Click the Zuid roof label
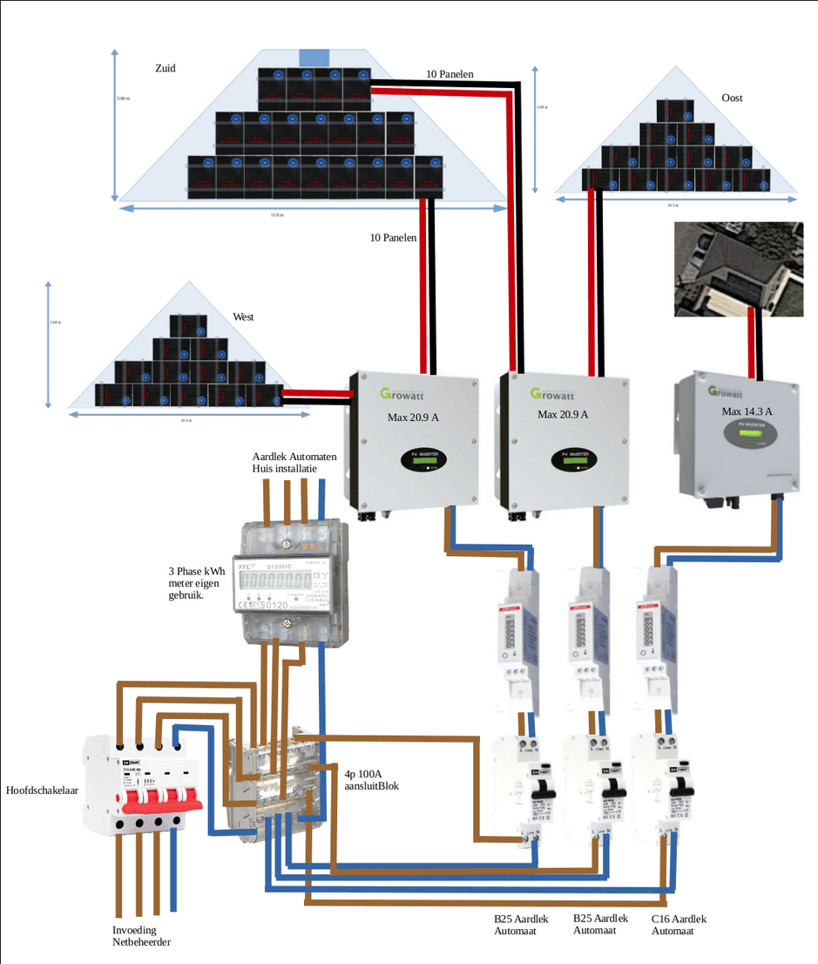tap(164, 68)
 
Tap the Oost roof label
tap(732, 98)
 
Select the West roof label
tap(243, 317)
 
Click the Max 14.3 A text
tap(747, 411)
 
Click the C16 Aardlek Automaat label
tap(679, 925)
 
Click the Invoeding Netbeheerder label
tap(142, 936)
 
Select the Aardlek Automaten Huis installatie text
tap(294, 462)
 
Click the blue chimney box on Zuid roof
tap(314, 57)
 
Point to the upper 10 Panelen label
tap(450, 75)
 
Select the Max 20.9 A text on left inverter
tap(413, 417)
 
